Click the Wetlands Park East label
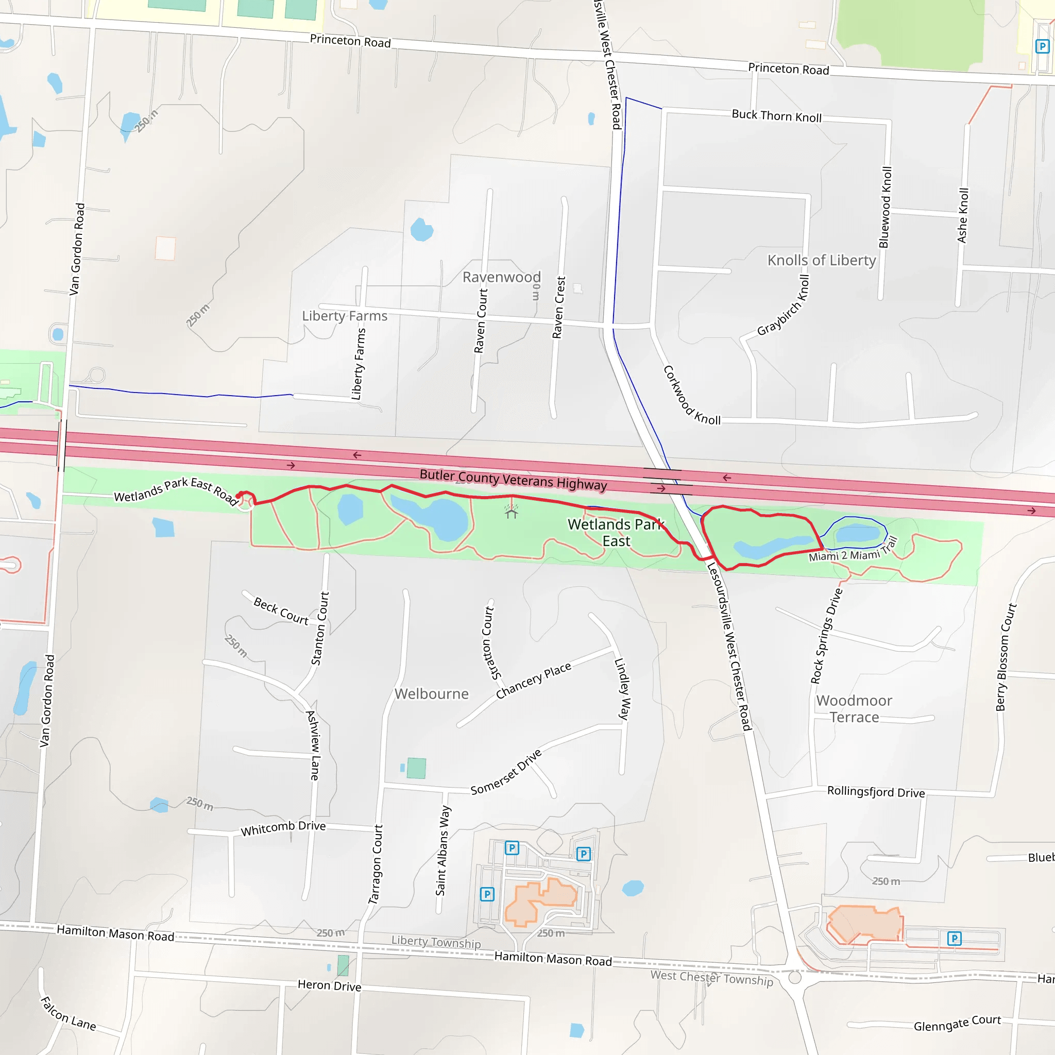616,533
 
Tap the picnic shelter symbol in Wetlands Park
511,512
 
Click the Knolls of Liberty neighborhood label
821,261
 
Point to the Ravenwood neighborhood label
501,278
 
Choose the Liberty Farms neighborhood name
345,316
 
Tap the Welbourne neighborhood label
431,694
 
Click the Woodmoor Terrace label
854,709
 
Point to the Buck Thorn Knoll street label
776,116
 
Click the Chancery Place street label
534,680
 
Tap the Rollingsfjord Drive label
875,792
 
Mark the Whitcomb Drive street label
283,828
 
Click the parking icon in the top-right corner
1042,46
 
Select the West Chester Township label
711,978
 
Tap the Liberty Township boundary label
436,942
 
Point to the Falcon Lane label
69,1014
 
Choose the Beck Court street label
281,611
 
